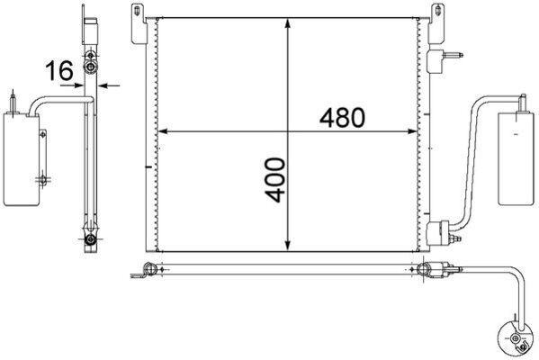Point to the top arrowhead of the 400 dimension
288,22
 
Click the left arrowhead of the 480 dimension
163,133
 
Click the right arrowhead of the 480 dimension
415,133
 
